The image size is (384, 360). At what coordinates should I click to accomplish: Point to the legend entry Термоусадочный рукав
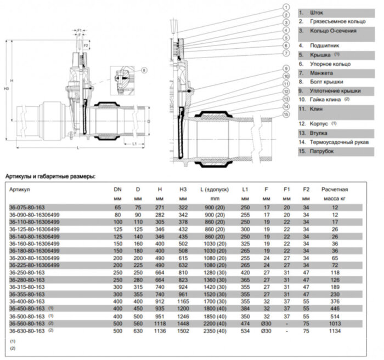point(338,141)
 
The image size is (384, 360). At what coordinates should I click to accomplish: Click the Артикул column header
point(19,189)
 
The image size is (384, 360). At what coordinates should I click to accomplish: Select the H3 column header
point(183,189)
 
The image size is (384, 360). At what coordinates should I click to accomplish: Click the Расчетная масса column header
point(335,193)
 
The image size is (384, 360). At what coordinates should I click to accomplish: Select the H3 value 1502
point(183,330)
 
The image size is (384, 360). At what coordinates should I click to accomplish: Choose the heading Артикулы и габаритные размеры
point(50,176)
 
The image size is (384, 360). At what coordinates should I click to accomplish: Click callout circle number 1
point(286,7)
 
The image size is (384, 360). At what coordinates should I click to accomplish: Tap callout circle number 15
point(286,115)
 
